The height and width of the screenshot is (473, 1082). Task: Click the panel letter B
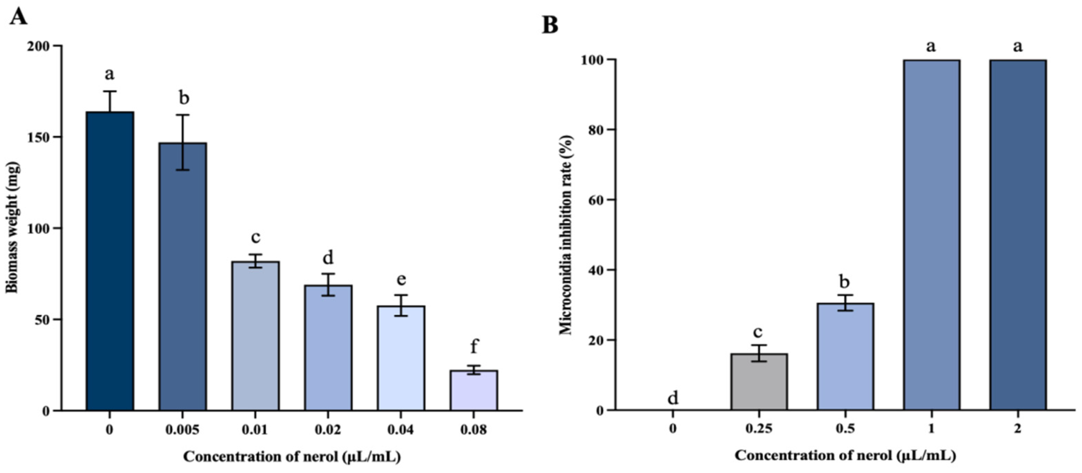[x=550, y=25]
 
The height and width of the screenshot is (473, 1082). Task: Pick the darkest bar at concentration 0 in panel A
[x=110, y=261]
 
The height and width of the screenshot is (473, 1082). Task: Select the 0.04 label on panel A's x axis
[x=400, y=430]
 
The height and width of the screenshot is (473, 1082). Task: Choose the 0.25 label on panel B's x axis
[x=759, y=429]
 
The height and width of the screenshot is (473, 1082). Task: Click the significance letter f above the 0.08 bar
[x=473, y=347]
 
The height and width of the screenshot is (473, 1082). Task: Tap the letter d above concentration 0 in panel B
[x=673, y=397]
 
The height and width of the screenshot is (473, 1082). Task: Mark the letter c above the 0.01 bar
[x=255, y=237]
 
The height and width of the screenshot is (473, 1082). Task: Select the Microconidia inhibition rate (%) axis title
[x=566, y=235]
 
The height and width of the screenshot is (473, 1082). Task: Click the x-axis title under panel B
[x=845, y=456]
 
